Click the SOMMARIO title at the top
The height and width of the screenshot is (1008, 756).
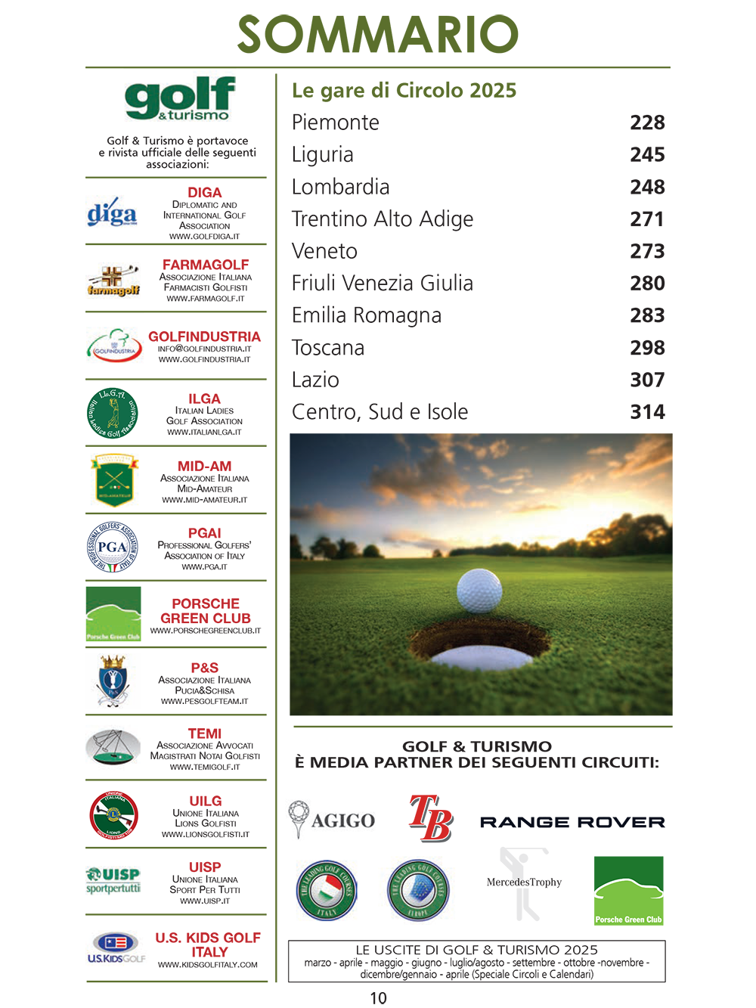[x=378, y=34]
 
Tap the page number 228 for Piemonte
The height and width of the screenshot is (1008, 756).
[x=647, y=123]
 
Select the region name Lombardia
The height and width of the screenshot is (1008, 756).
[x=341, y=187]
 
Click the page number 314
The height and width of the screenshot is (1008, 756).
[x=647, y=412]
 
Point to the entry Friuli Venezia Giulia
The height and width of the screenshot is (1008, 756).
[x=383, y=284]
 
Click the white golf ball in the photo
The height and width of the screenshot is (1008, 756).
[x=479, y=590]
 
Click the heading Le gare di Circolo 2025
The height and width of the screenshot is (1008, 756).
[x=404, y=91]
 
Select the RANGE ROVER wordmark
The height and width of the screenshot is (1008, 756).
[x=572, y=822]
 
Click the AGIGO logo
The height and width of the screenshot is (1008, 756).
[x=332, y=820]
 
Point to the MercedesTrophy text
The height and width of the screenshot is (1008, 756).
[x=524, y=882]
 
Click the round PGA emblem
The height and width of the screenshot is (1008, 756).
[x=113, y=547]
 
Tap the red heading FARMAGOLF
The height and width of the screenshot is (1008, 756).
[x=206, y=265]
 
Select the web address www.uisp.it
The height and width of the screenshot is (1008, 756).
[x=205, y=901]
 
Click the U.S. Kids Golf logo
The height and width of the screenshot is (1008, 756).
[x=116, y=948]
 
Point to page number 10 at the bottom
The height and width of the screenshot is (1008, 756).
[x=378, y=998]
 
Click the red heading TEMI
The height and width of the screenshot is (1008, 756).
[x=205, y=734]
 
